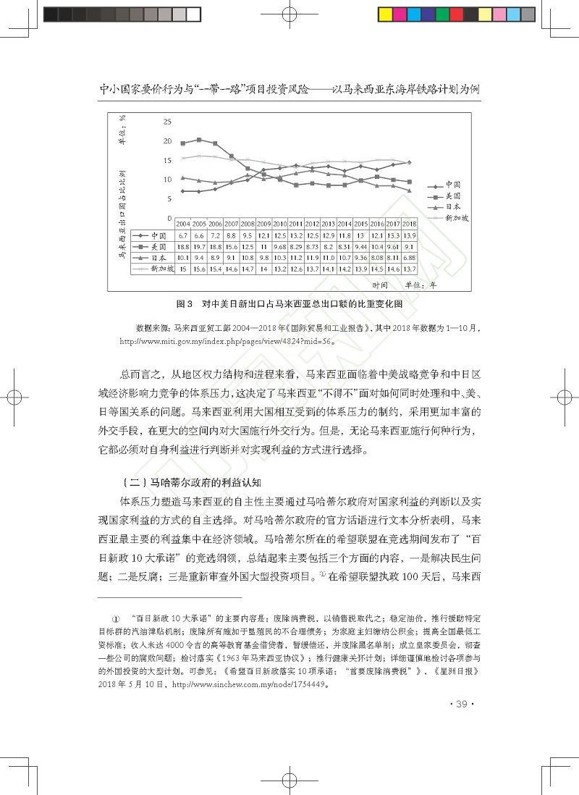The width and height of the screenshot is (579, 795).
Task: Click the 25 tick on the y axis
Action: (x=167, y=120)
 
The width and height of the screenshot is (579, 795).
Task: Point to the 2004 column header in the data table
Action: (x=183, y=224)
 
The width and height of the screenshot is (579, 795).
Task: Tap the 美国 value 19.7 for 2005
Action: (x=199, y=246)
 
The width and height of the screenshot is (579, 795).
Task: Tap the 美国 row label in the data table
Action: (x=159, y=246)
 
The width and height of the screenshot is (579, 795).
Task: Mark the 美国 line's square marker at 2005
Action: (x=199, y=140)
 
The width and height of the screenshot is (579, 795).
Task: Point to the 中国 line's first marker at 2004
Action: (x=183, y=191)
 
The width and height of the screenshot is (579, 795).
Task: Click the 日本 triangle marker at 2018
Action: (x=410, y=190)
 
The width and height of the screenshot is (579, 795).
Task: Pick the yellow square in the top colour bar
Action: (x=385, y=14)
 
